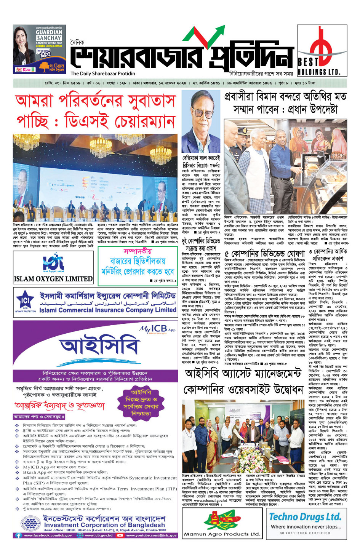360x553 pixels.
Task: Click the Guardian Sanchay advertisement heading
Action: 50,35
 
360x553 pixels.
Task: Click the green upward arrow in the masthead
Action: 209,35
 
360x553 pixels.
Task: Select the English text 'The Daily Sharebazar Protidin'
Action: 103,74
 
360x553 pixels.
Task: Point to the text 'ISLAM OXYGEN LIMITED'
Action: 53,278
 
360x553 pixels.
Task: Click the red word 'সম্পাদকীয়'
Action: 138,251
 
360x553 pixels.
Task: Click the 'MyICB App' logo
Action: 157,329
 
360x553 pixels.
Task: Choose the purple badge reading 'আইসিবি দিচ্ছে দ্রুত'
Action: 141,402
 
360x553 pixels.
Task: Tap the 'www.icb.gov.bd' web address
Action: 99,535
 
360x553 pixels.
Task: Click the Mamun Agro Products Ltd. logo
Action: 222,523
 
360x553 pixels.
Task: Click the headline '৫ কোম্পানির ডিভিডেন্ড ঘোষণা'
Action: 265,254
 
